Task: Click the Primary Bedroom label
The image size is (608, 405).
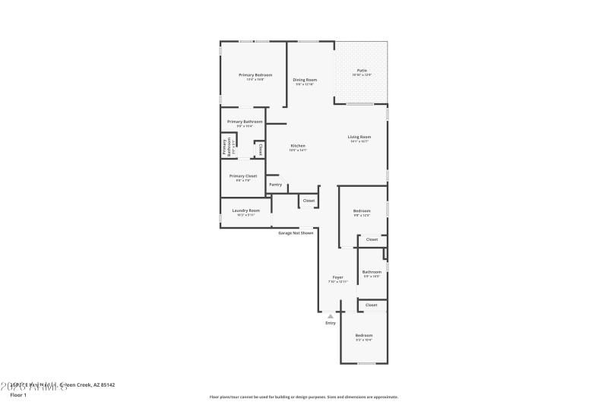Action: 255,75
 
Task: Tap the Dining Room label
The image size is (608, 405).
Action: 305,80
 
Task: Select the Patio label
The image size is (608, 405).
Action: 362,71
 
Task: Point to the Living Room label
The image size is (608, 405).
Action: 359,137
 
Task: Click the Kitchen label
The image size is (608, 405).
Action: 298,146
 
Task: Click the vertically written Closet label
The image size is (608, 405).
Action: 261,149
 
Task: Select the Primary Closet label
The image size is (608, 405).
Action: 243,176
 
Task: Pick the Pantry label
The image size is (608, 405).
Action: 275,184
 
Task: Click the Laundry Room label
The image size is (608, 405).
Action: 245,210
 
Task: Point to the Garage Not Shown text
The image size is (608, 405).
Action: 296,233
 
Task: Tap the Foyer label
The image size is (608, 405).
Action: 337,277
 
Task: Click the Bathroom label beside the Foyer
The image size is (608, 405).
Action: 372,272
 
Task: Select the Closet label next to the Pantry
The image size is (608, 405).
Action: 308,201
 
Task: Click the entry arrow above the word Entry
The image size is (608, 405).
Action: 330,315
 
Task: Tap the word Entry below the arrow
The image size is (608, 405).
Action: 330,323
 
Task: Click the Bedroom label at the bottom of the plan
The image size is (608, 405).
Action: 364,335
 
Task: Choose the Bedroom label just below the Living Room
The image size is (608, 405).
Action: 362,210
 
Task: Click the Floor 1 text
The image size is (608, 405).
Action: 17,395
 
